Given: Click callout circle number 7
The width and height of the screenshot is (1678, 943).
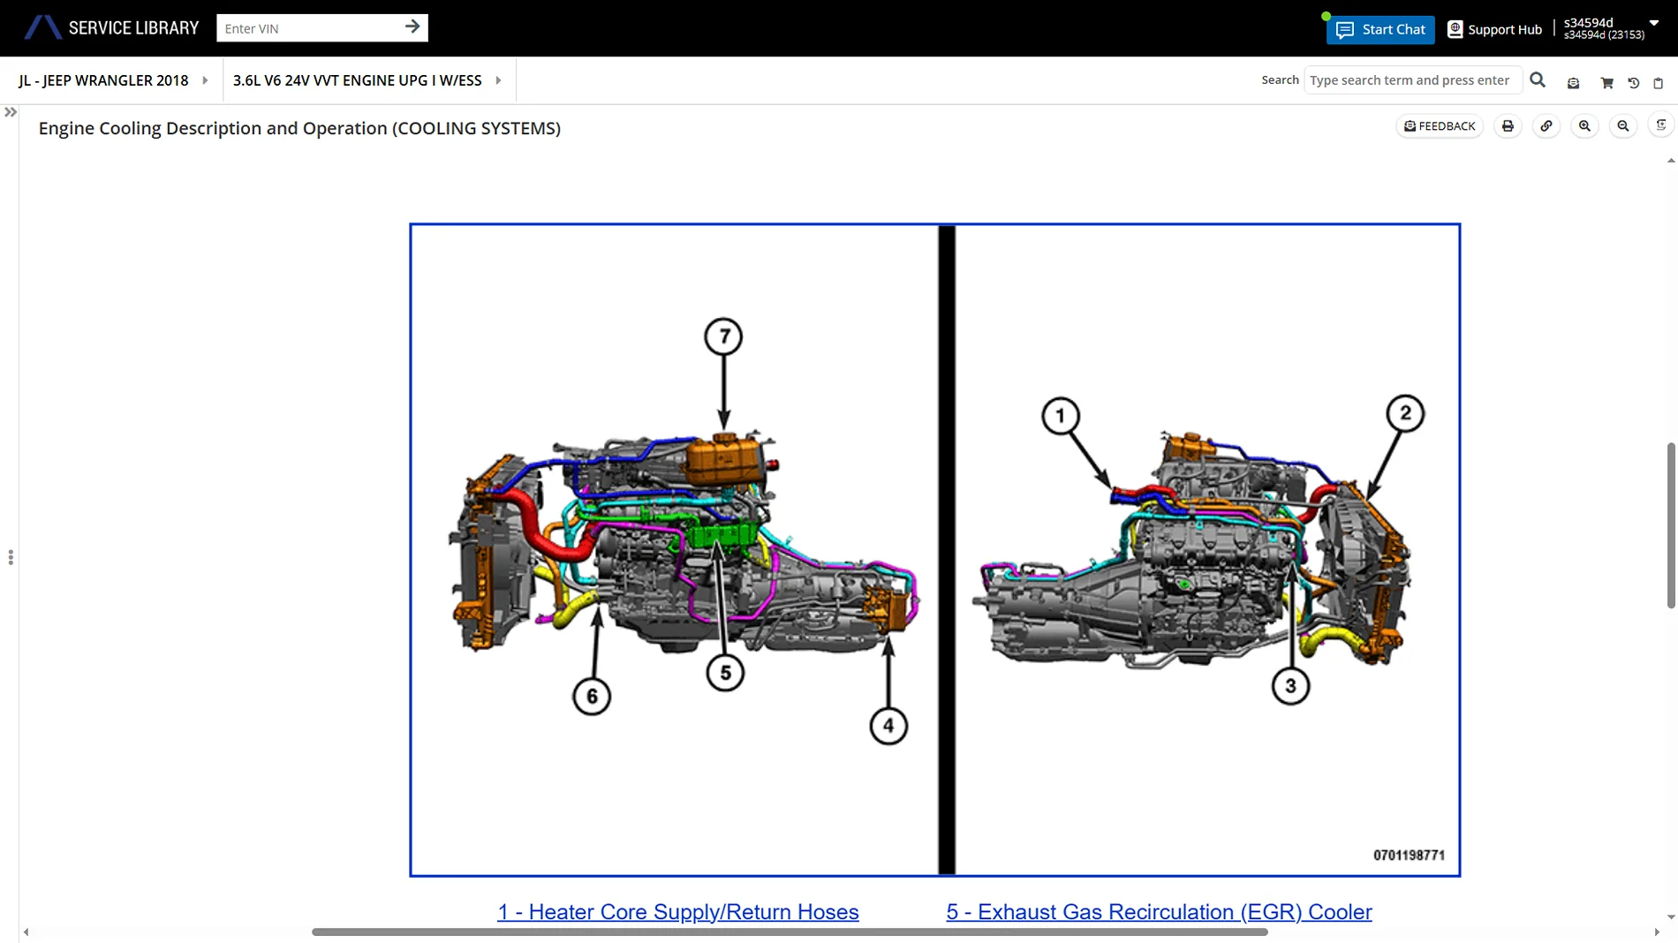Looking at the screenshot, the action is tap(723, 336).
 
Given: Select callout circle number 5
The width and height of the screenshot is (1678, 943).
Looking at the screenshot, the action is tap(725, 673).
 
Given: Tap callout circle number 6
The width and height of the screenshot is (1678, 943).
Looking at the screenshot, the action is tap(592, 697).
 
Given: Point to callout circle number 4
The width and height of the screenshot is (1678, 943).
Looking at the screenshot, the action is tap(888, 726).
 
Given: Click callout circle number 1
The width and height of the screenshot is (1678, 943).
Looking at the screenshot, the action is tap(1061, 416).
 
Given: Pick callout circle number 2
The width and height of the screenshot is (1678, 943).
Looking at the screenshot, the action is tap(1405, 413).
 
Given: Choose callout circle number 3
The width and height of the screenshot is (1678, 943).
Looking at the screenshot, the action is tap(1290, 686).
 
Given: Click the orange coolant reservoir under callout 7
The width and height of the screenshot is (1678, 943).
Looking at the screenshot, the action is tap(724, 458).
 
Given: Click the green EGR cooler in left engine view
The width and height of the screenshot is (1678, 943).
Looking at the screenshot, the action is tap(720, 533).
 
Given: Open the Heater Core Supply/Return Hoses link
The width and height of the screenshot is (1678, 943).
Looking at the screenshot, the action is tap(677, 912).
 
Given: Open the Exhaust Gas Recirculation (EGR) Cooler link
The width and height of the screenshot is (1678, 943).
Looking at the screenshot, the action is tap(1159, 912).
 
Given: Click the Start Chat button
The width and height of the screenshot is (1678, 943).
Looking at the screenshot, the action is tap(1380, 29).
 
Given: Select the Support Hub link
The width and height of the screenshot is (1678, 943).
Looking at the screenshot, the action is tap(1494, 29).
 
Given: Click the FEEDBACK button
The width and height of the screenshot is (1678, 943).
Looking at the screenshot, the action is tap(1440, 126).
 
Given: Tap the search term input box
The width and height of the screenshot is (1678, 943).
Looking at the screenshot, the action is tap(1412, 80).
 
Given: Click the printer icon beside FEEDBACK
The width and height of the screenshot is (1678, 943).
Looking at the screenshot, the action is tap(1508, 126).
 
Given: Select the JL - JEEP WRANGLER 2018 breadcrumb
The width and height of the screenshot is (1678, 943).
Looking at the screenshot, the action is tap(103, 80).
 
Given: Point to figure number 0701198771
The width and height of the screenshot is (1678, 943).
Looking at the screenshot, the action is tap(1409, 855).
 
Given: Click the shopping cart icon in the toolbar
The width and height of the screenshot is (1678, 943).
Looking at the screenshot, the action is tap(1606, 83).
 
